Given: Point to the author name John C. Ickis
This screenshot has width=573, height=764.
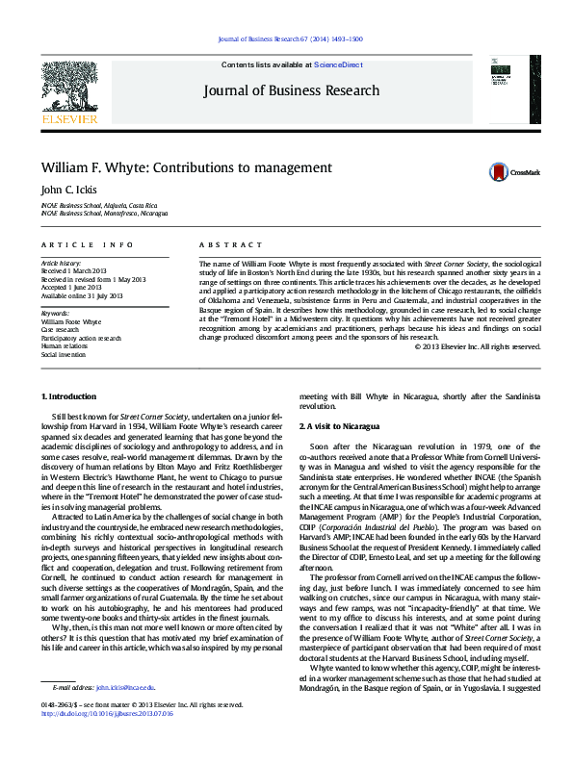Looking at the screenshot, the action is point(68,190).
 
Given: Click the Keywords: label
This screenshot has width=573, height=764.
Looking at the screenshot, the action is point(55,314).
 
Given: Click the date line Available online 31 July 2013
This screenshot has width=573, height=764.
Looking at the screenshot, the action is point(82,294).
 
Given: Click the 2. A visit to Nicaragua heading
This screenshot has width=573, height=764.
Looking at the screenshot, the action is point(339,425).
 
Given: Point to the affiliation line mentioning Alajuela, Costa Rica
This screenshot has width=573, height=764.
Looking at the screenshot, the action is point(98,206).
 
